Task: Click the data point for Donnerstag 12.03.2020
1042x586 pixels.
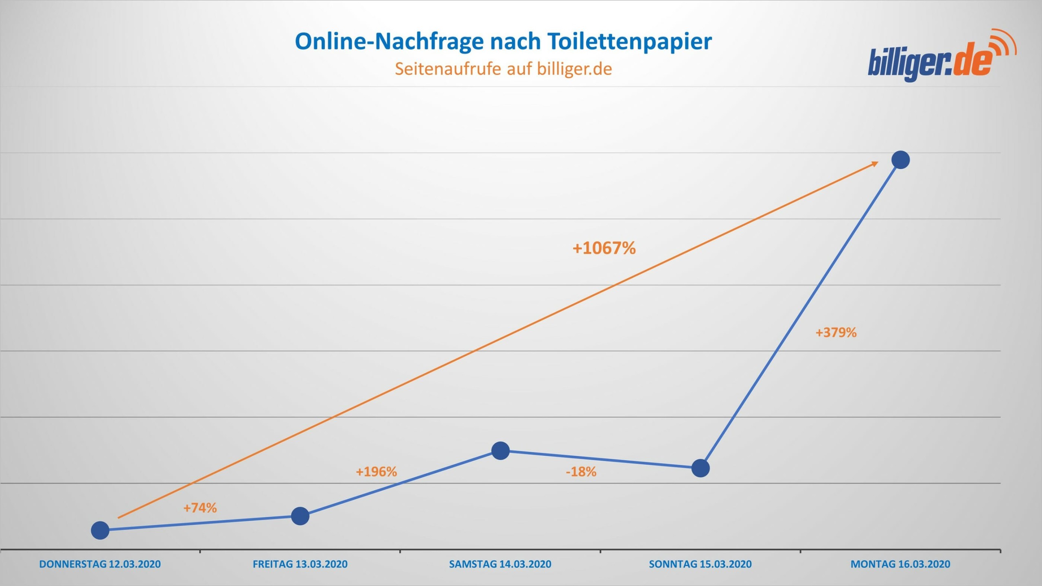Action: (100, 530)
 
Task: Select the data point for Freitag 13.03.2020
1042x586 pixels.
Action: (300, 516)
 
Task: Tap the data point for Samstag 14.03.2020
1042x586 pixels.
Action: (501, 450)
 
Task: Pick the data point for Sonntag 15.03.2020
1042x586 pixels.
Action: (701, 468)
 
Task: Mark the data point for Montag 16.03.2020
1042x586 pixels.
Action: (900, 160)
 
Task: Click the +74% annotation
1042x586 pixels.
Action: (200, 508)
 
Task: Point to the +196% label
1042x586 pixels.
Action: (376, 472)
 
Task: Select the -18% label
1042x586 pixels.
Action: (581, 472)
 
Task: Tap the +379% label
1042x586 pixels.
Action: (836, 332)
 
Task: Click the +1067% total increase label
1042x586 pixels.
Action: (604, 248)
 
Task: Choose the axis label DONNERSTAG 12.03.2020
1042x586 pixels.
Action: (100, 564)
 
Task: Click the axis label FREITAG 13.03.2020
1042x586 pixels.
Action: (300, 564)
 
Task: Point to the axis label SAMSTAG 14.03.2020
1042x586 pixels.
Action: (500, 564)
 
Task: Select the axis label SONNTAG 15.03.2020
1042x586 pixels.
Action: (700, 564)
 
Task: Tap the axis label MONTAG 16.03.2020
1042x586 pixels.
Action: (900, 564)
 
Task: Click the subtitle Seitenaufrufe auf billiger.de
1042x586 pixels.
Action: (503, 69)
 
